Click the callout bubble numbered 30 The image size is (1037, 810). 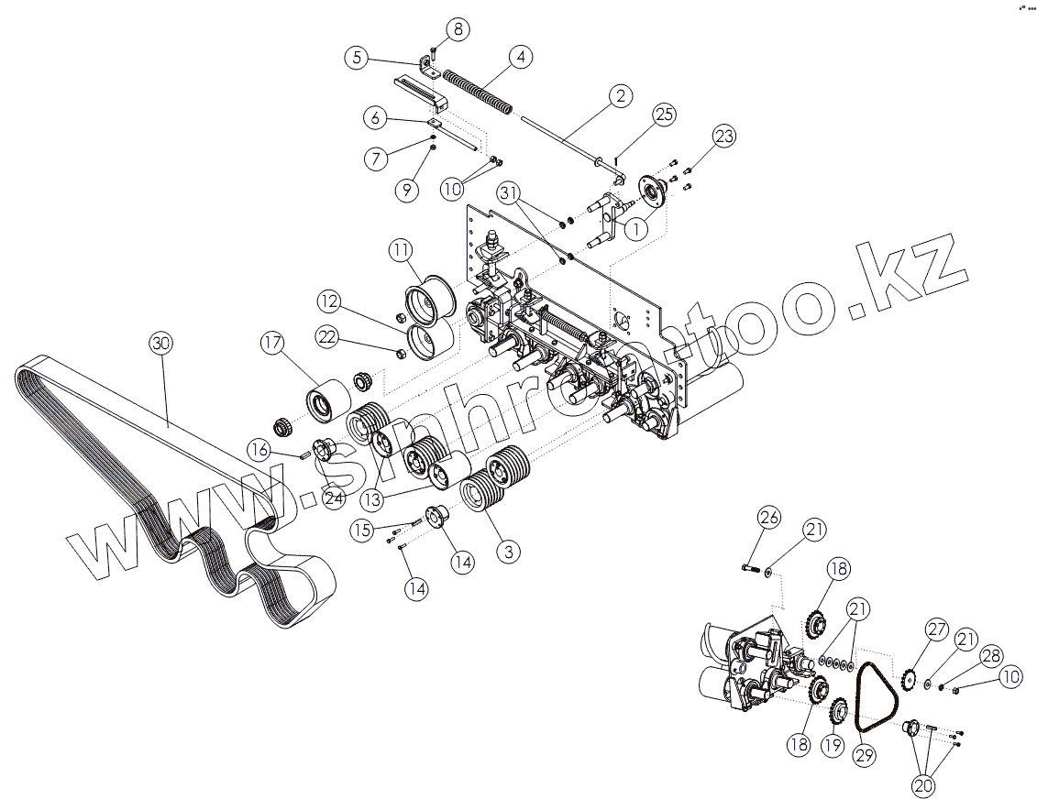pos(161,345)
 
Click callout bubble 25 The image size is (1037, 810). pos(664,115)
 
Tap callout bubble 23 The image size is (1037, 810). pos(724,137)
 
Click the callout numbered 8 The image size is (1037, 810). pos(458,29)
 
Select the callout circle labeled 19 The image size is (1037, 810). pos(832,745)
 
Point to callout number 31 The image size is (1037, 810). pos(510,192)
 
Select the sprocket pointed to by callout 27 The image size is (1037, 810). pos(910,679)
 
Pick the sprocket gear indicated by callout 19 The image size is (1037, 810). pos(837,710)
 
